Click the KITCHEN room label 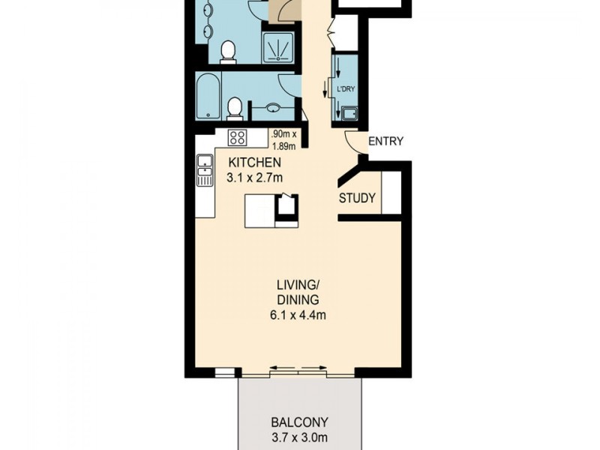[x=255, y=163]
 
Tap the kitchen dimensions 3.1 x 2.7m [x=255, y=178]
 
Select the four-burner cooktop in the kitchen [x=238, y=137]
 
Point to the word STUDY [x=357, y=199]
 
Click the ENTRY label [x=385, y=141]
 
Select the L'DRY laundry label [x=346, y=89]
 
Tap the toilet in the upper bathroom [x=228, y=50]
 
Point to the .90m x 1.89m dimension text [x=283, y=139]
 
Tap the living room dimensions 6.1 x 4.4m [x=298, y=315]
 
